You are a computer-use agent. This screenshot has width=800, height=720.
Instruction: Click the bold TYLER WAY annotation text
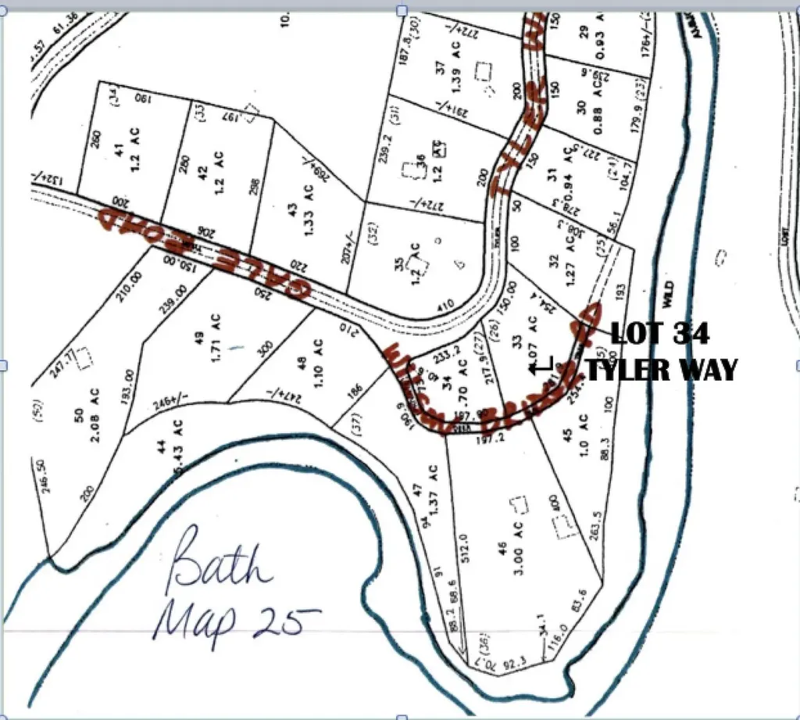coord(661,370)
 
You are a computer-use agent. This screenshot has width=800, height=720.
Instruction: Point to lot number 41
coord(120,152)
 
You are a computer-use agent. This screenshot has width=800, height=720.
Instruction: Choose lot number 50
coord(80,414)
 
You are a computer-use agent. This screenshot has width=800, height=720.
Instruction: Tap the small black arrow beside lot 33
coord(541,364)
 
